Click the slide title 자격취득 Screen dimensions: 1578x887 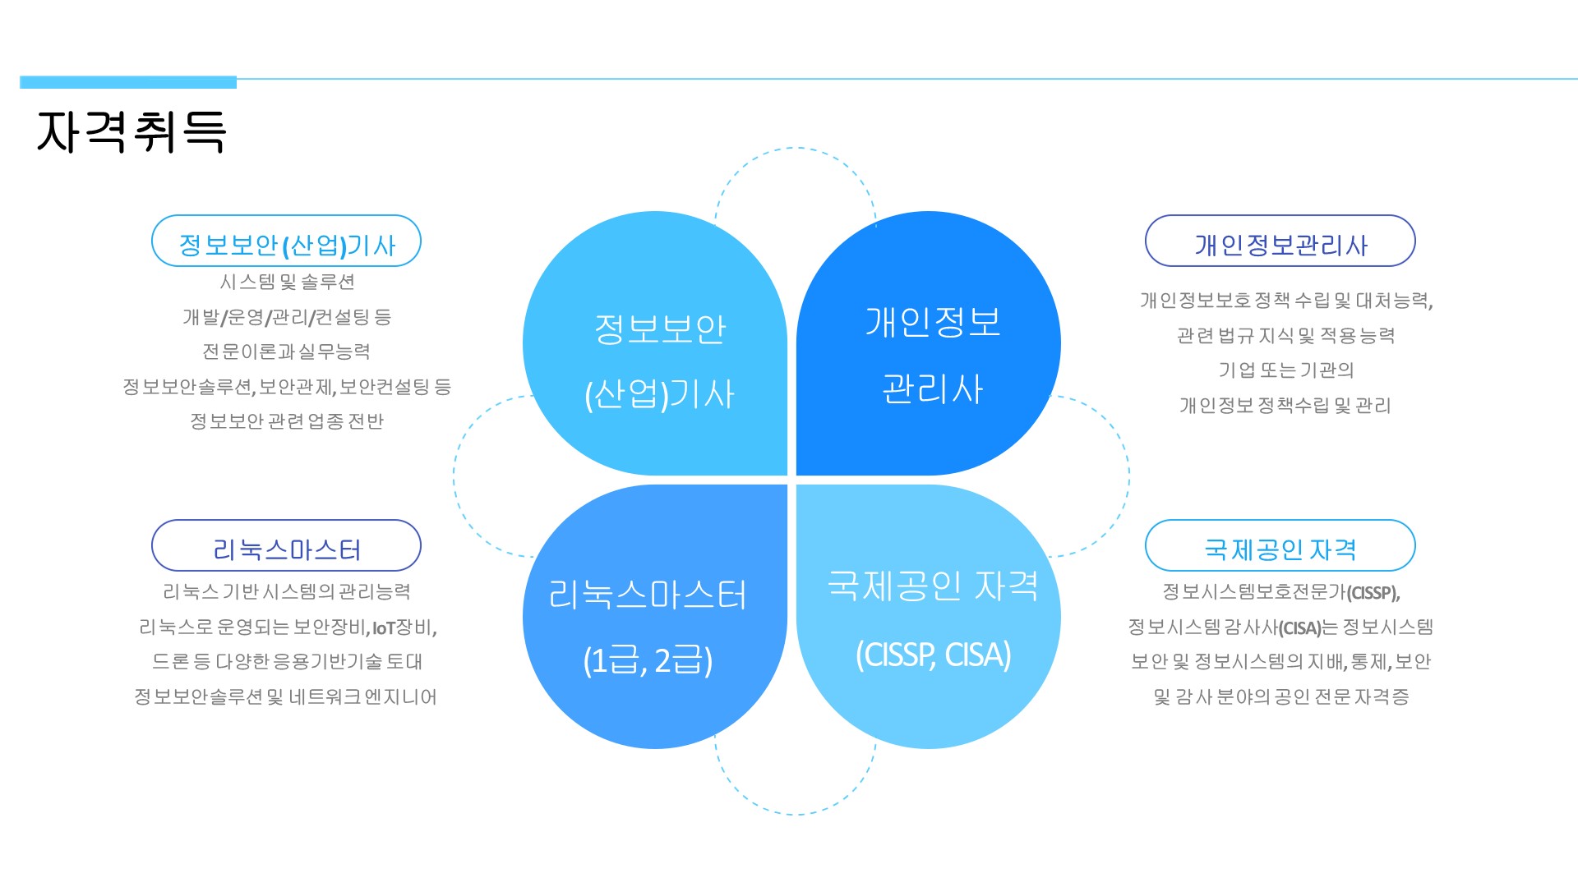(x=131, y=131)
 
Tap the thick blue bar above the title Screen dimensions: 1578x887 (x=128, y=82)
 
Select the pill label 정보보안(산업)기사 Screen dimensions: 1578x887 (x=286, y=241)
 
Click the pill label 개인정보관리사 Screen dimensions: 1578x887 (x=1280, y=241)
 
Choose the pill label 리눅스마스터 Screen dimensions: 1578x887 (x=286, y=545)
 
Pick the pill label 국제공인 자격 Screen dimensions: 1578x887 (x=1280, y=545)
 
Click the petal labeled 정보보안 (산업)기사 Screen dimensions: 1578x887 (x=655, y=343)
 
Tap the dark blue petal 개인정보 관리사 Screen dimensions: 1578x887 (x=929, y=343)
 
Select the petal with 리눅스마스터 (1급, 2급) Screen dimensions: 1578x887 (x=655, y=617)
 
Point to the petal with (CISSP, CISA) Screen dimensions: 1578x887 (x=929, y=617)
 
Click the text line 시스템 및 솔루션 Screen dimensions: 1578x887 (x=287, y=282)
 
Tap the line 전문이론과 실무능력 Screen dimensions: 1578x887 (x=287, y=352)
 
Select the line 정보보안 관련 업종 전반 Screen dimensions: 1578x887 (x=287, y=421)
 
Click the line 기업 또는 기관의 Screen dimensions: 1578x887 (x=1286, y=370)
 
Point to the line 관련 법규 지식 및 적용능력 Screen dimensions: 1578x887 (x=1286, y=335)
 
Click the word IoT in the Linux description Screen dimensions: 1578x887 (x=384, y=628)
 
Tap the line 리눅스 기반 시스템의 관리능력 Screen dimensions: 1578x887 (x=287, y=592)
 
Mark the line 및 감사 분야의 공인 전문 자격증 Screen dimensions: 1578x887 (x=1281, y=697)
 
